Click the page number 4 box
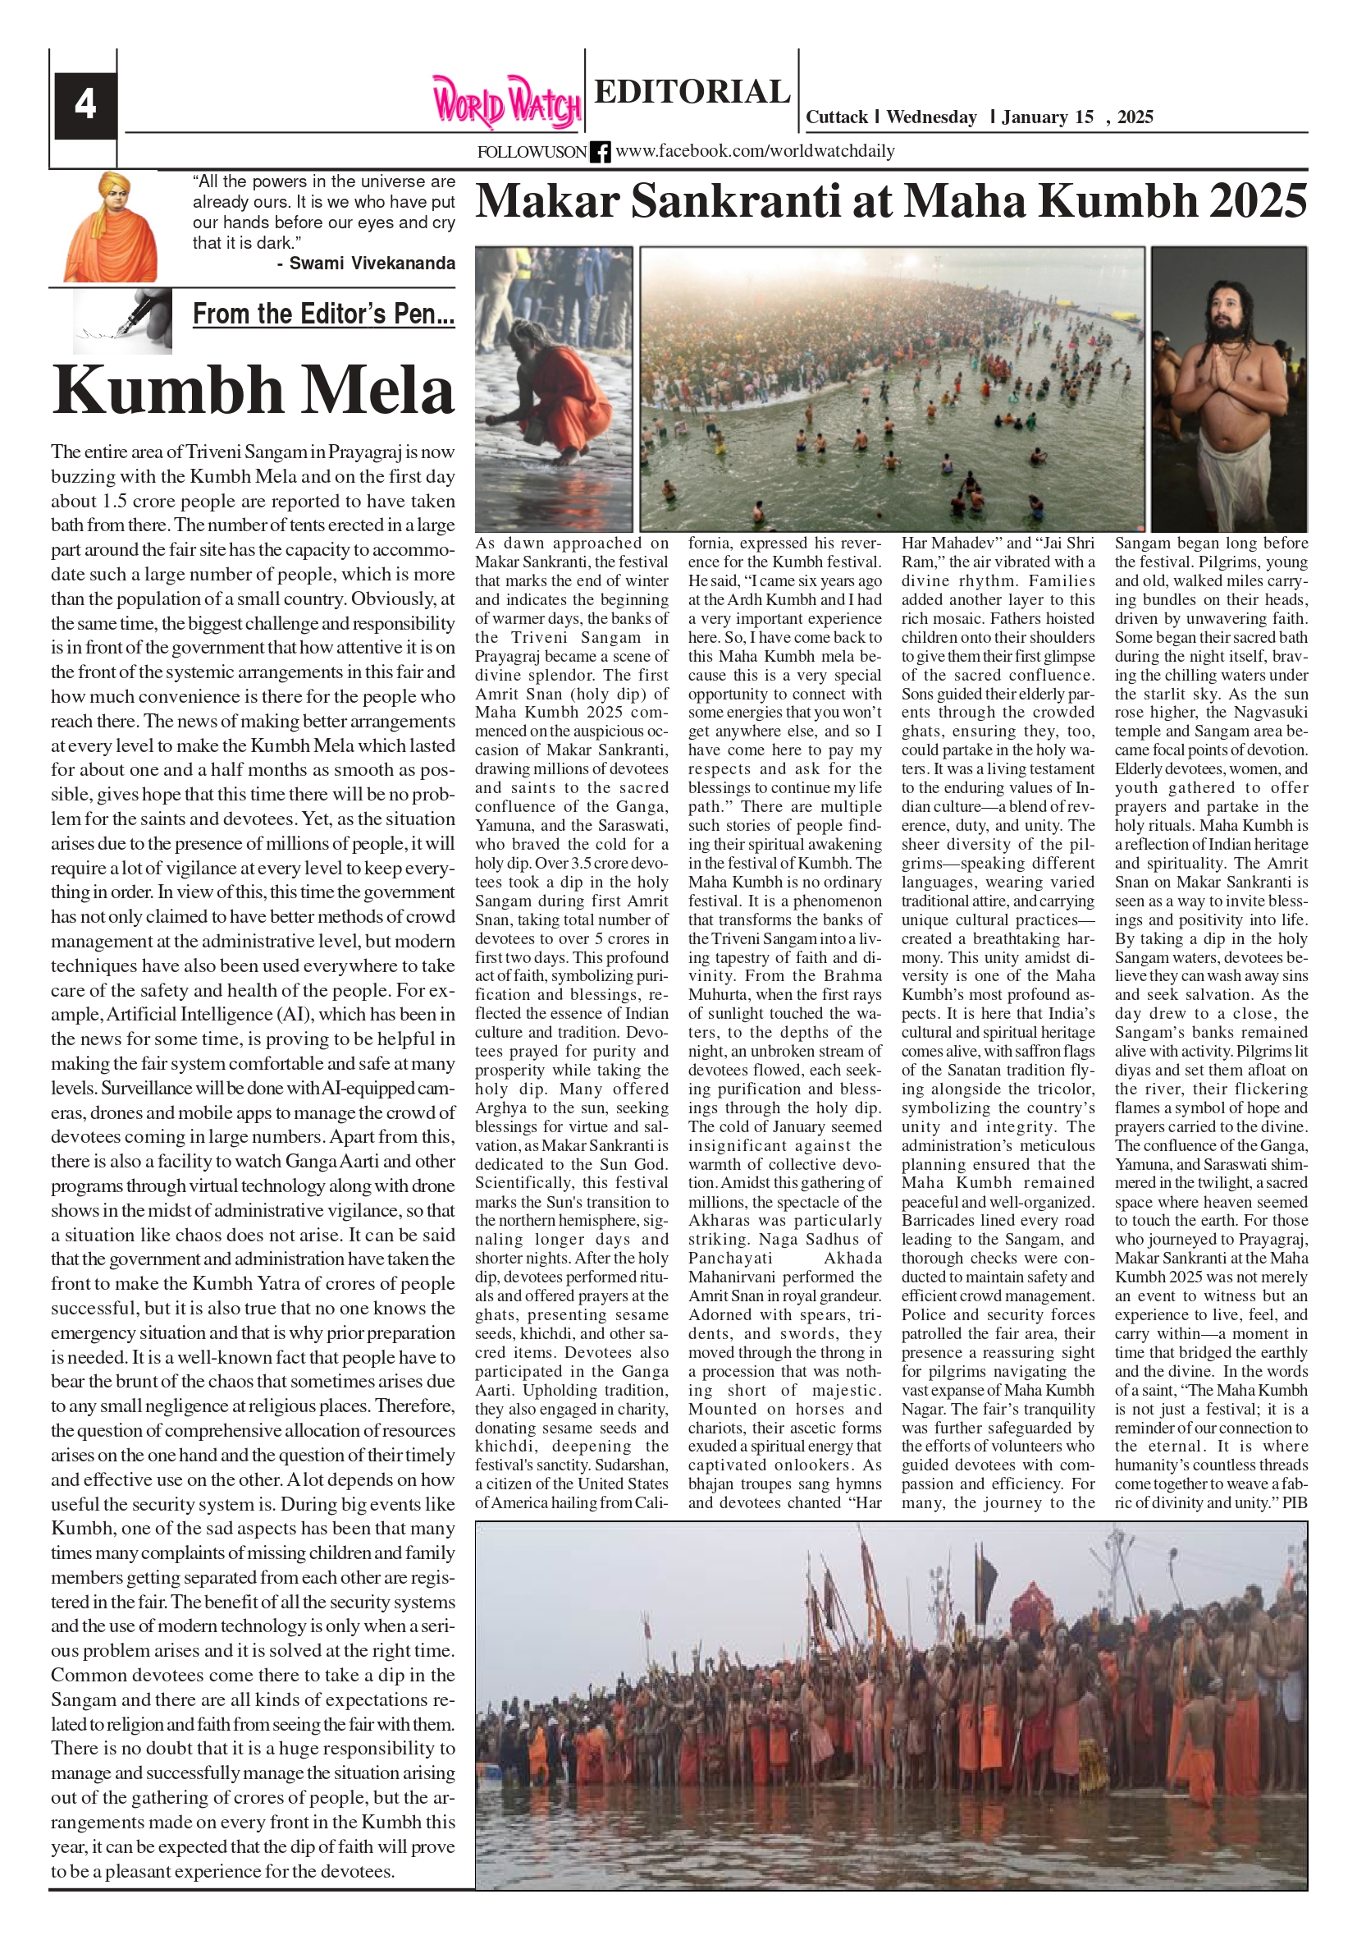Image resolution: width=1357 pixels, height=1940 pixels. coord(85,105)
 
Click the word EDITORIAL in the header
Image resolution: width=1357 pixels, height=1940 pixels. coord(692,91)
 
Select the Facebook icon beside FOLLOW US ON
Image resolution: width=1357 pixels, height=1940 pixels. coord(600,152)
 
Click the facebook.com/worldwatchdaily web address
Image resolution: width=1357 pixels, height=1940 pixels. coord(755,151)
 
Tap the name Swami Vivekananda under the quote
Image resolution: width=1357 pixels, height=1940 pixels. coord(372,264)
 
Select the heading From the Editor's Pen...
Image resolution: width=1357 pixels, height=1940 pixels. coord(323,314)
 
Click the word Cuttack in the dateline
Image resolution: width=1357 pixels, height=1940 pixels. coord(836,117)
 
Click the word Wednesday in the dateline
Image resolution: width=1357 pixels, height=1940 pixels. coord(931,117)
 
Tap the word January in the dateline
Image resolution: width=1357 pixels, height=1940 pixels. coord(1036,117)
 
